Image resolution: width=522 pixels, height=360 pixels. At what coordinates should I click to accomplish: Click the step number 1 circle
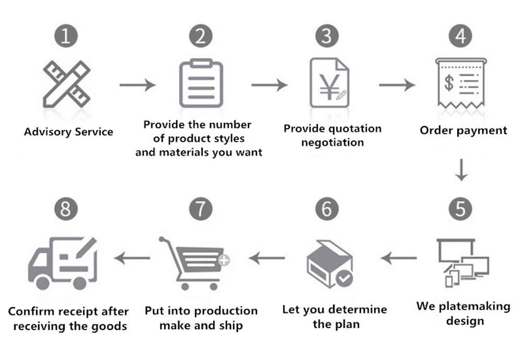coord(66,36)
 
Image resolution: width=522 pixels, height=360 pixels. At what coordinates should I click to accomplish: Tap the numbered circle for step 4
coord(460,36)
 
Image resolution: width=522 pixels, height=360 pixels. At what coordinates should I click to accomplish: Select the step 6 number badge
coord(327,209)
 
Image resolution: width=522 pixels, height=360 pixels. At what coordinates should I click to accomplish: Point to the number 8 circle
coord(66,209)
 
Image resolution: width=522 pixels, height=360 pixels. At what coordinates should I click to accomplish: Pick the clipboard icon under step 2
coord(201,83)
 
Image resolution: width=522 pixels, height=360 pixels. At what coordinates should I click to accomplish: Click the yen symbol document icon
coord(329,83)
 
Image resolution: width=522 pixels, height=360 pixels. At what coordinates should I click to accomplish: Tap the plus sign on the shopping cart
coord(224,259)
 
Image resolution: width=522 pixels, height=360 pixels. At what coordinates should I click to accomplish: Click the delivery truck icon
coord(63,264)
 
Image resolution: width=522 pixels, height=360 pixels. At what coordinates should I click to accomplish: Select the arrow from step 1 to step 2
coord(137,85)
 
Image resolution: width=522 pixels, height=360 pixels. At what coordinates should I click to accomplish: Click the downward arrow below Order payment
coord(460,171)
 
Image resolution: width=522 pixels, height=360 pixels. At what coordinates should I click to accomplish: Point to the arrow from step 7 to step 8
coord(132,257)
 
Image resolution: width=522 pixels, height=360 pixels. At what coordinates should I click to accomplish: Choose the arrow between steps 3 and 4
coord(397,85)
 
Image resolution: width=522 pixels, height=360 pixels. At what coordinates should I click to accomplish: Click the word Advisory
coord(47,131)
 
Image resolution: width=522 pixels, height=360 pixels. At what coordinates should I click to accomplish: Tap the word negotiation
coord(333,142)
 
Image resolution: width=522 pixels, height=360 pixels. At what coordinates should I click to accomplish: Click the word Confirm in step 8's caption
coord(29,311)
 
